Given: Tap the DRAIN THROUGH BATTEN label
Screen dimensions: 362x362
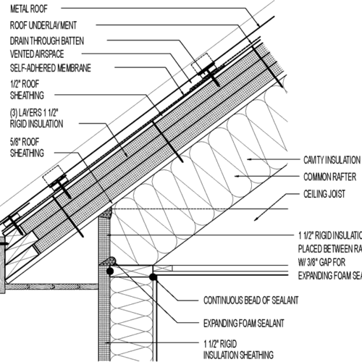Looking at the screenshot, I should click(x=51, y=40).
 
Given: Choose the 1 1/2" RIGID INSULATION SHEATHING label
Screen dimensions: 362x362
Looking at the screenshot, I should click(x=239, y=349).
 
